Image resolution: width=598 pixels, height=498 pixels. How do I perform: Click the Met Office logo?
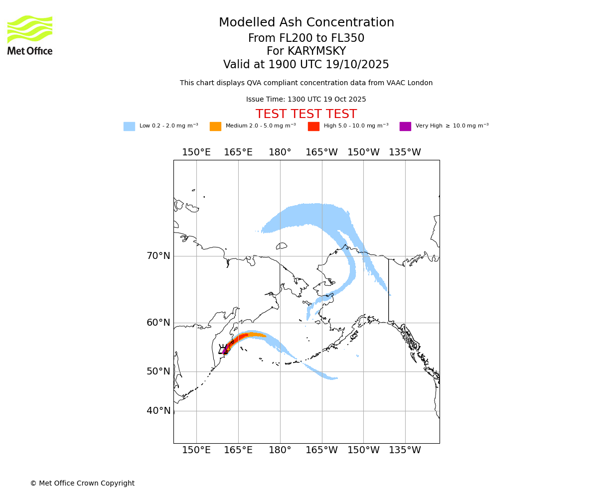pos(30,35)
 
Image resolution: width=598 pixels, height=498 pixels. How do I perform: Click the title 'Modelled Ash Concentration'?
pos(306,23)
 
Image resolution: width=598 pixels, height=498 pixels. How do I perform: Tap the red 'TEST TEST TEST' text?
pos(306,114)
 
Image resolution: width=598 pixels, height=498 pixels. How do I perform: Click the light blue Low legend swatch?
pos(129,126)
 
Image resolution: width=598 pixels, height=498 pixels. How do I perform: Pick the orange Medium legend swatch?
pos(215,126)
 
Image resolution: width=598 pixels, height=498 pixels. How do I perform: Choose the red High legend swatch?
pos(313,126)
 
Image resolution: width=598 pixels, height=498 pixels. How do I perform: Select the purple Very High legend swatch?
pos(405,126)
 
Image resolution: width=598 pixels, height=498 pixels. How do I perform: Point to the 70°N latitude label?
pos(158,256)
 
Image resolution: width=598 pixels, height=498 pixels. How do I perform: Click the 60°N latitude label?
pos(158,323)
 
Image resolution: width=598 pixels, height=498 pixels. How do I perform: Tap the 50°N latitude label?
pos(158,372)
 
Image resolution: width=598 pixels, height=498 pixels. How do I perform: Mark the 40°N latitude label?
pos(158,411)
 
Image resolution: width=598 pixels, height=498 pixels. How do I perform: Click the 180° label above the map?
pos(280,152)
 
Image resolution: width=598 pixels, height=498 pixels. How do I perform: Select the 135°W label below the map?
pos(405,450)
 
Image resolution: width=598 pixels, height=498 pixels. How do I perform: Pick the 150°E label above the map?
pos(196,152)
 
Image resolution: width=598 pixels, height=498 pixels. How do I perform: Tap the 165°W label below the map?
pos(321,450)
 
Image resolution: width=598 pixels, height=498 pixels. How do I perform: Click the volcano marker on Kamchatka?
pos(224,351)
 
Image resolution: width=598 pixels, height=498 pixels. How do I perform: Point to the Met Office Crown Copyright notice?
pos(82,483)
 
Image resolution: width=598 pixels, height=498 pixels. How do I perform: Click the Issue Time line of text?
pos(306,100)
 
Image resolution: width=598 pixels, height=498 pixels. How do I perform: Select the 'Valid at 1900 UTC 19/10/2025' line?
pos(306,65)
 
